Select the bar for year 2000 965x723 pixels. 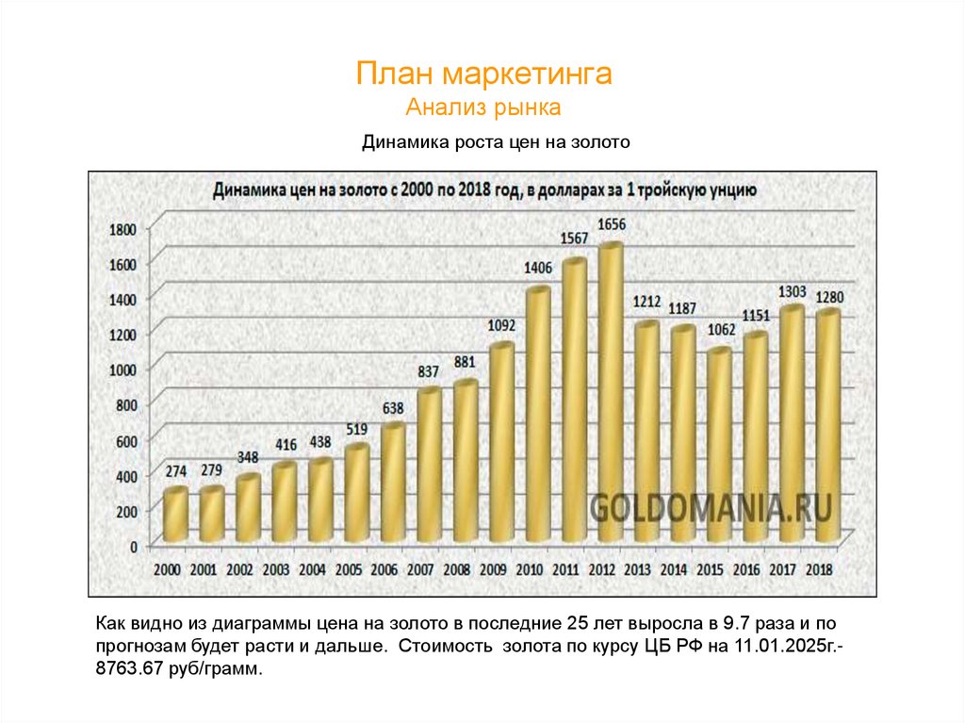(175, 515)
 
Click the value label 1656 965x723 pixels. (612, 224)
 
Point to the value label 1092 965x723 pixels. (501, 325)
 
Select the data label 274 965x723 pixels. (176, 470)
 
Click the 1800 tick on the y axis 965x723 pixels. (123, 228)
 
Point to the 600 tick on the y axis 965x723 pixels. (126, 440)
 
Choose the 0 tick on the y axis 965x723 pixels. (133, 546)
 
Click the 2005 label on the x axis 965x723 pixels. (348, 569)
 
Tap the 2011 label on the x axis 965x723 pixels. (564, 569)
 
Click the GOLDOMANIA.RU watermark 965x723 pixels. (711, 508)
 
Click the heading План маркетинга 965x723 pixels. (484, 74)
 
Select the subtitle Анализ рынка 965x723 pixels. (484, 107)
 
